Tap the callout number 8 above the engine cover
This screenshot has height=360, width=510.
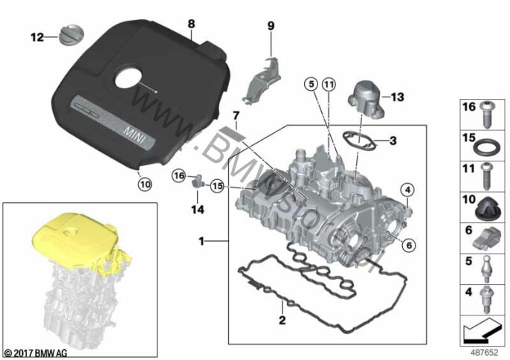(x=192, y=24)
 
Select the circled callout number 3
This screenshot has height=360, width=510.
(x=393, y=140)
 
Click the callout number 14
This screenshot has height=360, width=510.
(x=198, y=210)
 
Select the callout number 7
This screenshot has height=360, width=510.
(x=235, y=116)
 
